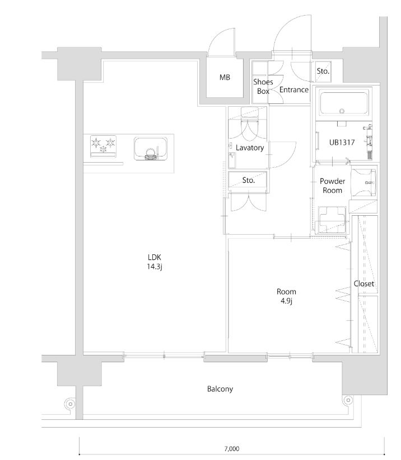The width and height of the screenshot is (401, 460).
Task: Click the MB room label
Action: (x=225, y=78)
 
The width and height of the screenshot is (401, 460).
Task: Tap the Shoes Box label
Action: (x=263, y=87)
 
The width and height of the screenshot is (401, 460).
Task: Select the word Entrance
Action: (x=294, y=90)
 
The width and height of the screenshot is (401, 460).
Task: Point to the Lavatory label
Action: (x=250, y=148)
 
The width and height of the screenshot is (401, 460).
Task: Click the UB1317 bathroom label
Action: (x=342, y=143)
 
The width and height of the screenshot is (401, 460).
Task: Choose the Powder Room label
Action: (x=333, y=186)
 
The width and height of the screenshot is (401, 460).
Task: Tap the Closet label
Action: (x=364, y=284)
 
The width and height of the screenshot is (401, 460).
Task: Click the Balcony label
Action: (x=220, y=389)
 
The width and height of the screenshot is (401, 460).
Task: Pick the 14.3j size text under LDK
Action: (x=155, y=267)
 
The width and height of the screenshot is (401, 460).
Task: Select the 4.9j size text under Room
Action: (x=286, y=301)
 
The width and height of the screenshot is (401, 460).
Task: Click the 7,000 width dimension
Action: (x=232, y=449)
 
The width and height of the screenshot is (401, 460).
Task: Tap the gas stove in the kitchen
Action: (x=103, y=146)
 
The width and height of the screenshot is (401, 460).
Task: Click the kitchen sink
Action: (x=151, y=149)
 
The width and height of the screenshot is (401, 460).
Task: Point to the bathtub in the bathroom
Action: (x=344, y=103)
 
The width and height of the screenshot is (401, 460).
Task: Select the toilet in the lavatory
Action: (x=249, y=125)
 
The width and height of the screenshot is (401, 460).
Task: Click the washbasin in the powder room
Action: (x=365, y=182)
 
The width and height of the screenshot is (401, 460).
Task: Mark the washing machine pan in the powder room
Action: (x=332, y=220)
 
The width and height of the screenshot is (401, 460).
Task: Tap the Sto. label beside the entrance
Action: (x=323, y=72)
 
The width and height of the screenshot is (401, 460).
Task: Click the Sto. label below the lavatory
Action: (x=249, y=181)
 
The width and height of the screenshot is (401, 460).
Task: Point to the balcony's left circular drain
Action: (x=70, y=404)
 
